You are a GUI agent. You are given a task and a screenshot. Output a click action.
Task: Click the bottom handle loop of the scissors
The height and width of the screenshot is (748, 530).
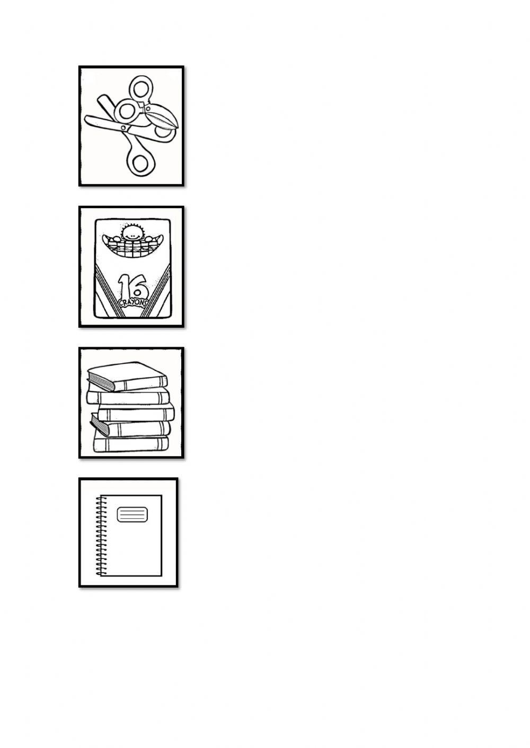point(140,163)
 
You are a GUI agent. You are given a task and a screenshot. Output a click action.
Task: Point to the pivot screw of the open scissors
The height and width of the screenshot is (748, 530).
point(125,128)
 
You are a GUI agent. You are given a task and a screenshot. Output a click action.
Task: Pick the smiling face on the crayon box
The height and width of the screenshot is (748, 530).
point(130,233)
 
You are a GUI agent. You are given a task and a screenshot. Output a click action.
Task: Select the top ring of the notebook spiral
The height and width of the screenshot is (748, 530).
point(98,499)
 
